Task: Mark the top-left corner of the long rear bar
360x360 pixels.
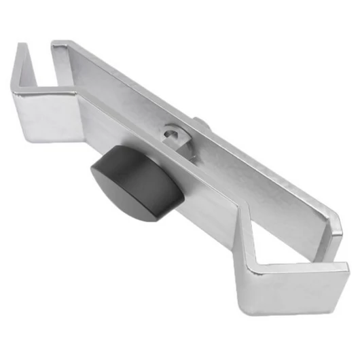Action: pos(54,43)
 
